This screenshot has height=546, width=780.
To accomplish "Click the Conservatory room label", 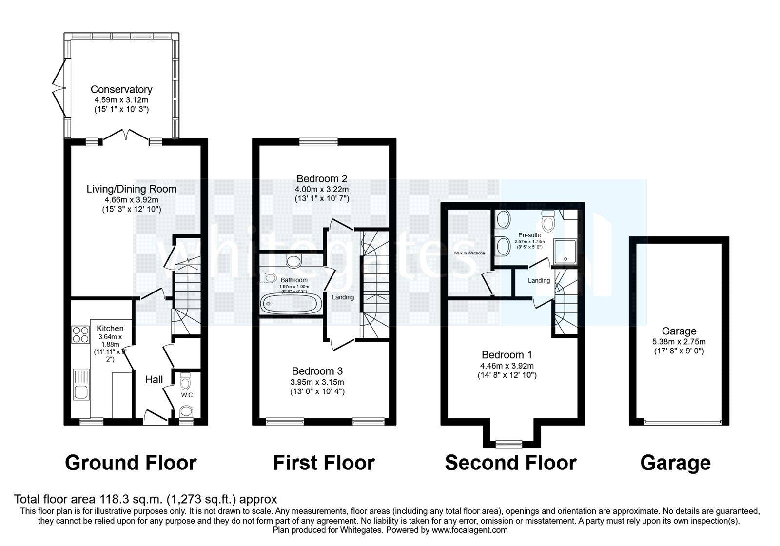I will click(121, 89).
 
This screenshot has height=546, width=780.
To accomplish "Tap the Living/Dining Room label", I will click(131, 189).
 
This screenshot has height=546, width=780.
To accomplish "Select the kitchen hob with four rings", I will click(80, 334).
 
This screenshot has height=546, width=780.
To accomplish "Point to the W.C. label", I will click(187, 395).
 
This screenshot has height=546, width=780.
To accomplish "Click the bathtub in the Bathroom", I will click(291, 303).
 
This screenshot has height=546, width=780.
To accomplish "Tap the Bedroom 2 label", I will click(322, 178).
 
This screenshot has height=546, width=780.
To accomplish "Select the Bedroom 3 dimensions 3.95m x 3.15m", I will click(318, 382).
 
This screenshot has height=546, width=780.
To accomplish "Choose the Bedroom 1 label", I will click(507, 355).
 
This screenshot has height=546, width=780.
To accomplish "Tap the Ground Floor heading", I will click(131, 463).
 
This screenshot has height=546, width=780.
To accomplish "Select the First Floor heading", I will click(324, 463).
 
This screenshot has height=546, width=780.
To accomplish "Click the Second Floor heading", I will click(510, 463).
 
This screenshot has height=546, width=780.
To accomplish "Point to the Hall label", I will click(154, 379).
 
